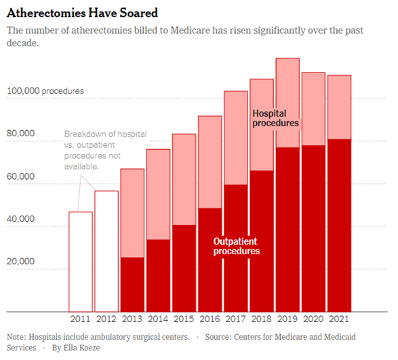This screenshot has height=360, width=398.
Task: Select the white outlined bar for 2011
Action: click(x=81, y=261)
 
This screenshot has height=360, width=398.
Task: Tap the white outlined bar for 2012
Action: click(x=107, y=251)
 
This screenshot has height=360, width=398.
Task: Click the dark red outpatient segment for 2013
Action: click(x=133, y=285)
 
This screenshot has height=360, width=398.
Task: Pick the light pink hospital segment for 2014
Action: click(x=159, y=194)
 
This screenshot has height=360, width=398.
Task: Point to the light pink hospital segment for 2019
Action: click(x=287, y=102)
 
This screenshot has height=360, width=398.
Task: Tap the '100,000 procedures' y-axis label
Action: click(x=45, y=90)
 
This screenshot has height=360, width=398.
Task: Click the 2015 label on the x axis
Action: click(x=184, y=319)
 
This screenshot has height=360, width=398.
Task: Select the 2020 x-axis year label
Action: click(x=313, y=319)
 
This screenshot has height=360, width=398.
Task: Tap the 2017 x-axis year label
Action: click(x=236, y=319)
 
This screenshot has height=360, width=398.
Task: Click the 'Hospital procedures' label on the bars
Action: click(x=275, y=119)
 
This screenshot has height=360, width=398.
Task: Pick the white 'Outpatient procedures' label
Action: click(x=237, y=246)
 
